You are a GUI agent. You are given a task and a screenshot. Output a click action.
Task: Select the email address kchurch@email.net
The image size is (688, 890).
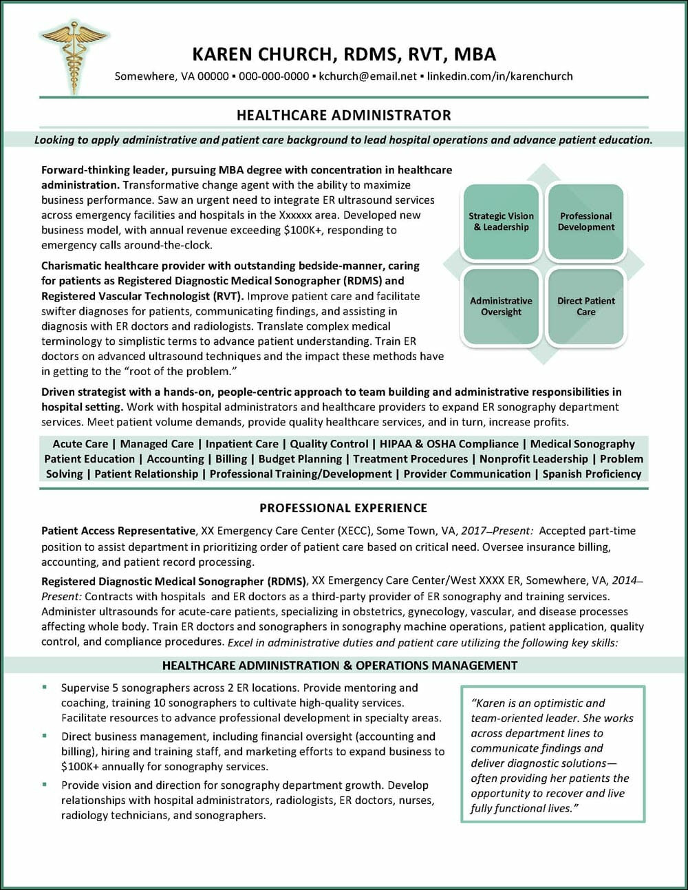click(367, 76)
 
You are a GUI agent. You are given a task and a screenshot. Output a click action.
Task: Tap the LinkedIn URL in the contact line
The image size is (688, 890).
click(499, 76)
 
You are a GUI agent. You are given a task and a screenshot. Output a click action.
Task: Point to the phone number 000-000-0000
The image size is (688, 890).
click(273, 76)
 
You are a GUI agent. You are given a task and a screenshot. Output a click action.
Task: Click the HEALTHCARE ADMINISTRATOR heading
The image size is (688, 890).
click(343, 115)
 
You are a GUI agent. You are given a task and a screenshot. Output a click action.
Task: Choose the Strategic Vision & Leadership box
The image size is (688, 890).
click(501, 222)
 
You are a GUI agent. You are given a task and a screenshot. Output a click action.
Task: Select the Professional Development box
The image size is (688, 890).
click(585, 222)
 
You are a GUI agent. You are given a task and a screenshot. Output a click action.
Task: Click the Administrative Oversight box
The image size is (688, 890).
click(501, 306)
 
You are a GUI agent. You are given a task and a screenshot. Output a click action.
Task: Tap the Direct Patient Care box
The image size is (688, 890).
click(585, 306)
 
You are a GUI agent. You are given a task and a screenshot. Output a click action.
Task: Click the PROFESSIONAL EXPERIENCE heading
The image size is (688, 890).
click(343, 508)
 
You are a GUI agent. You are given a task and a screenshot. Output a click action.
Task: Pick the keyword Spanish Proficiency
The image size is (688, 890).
click(592, 474)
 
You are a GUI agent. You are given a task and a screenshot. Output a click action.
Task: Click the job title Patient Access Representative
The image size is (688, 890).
click(118, 531)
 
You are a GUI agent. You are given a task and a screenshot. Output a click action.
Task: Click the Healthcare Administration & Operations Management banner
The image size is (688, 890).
click(340, 665)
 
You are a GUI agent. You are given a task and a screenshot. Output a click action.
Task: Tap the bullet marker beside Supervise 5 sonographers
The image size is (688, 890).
click(45, 687)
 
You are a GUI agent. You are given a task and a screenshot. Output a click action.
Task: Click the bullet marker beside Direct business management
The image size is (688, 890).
click(45, 736)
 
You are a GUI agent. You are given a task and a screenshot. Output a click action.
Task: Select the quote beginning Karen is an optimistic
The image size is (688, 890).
click(552, 755)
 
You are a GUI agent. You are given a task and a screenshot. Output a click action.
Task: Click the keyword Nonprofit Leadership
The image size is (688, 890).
click(534, 458)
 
